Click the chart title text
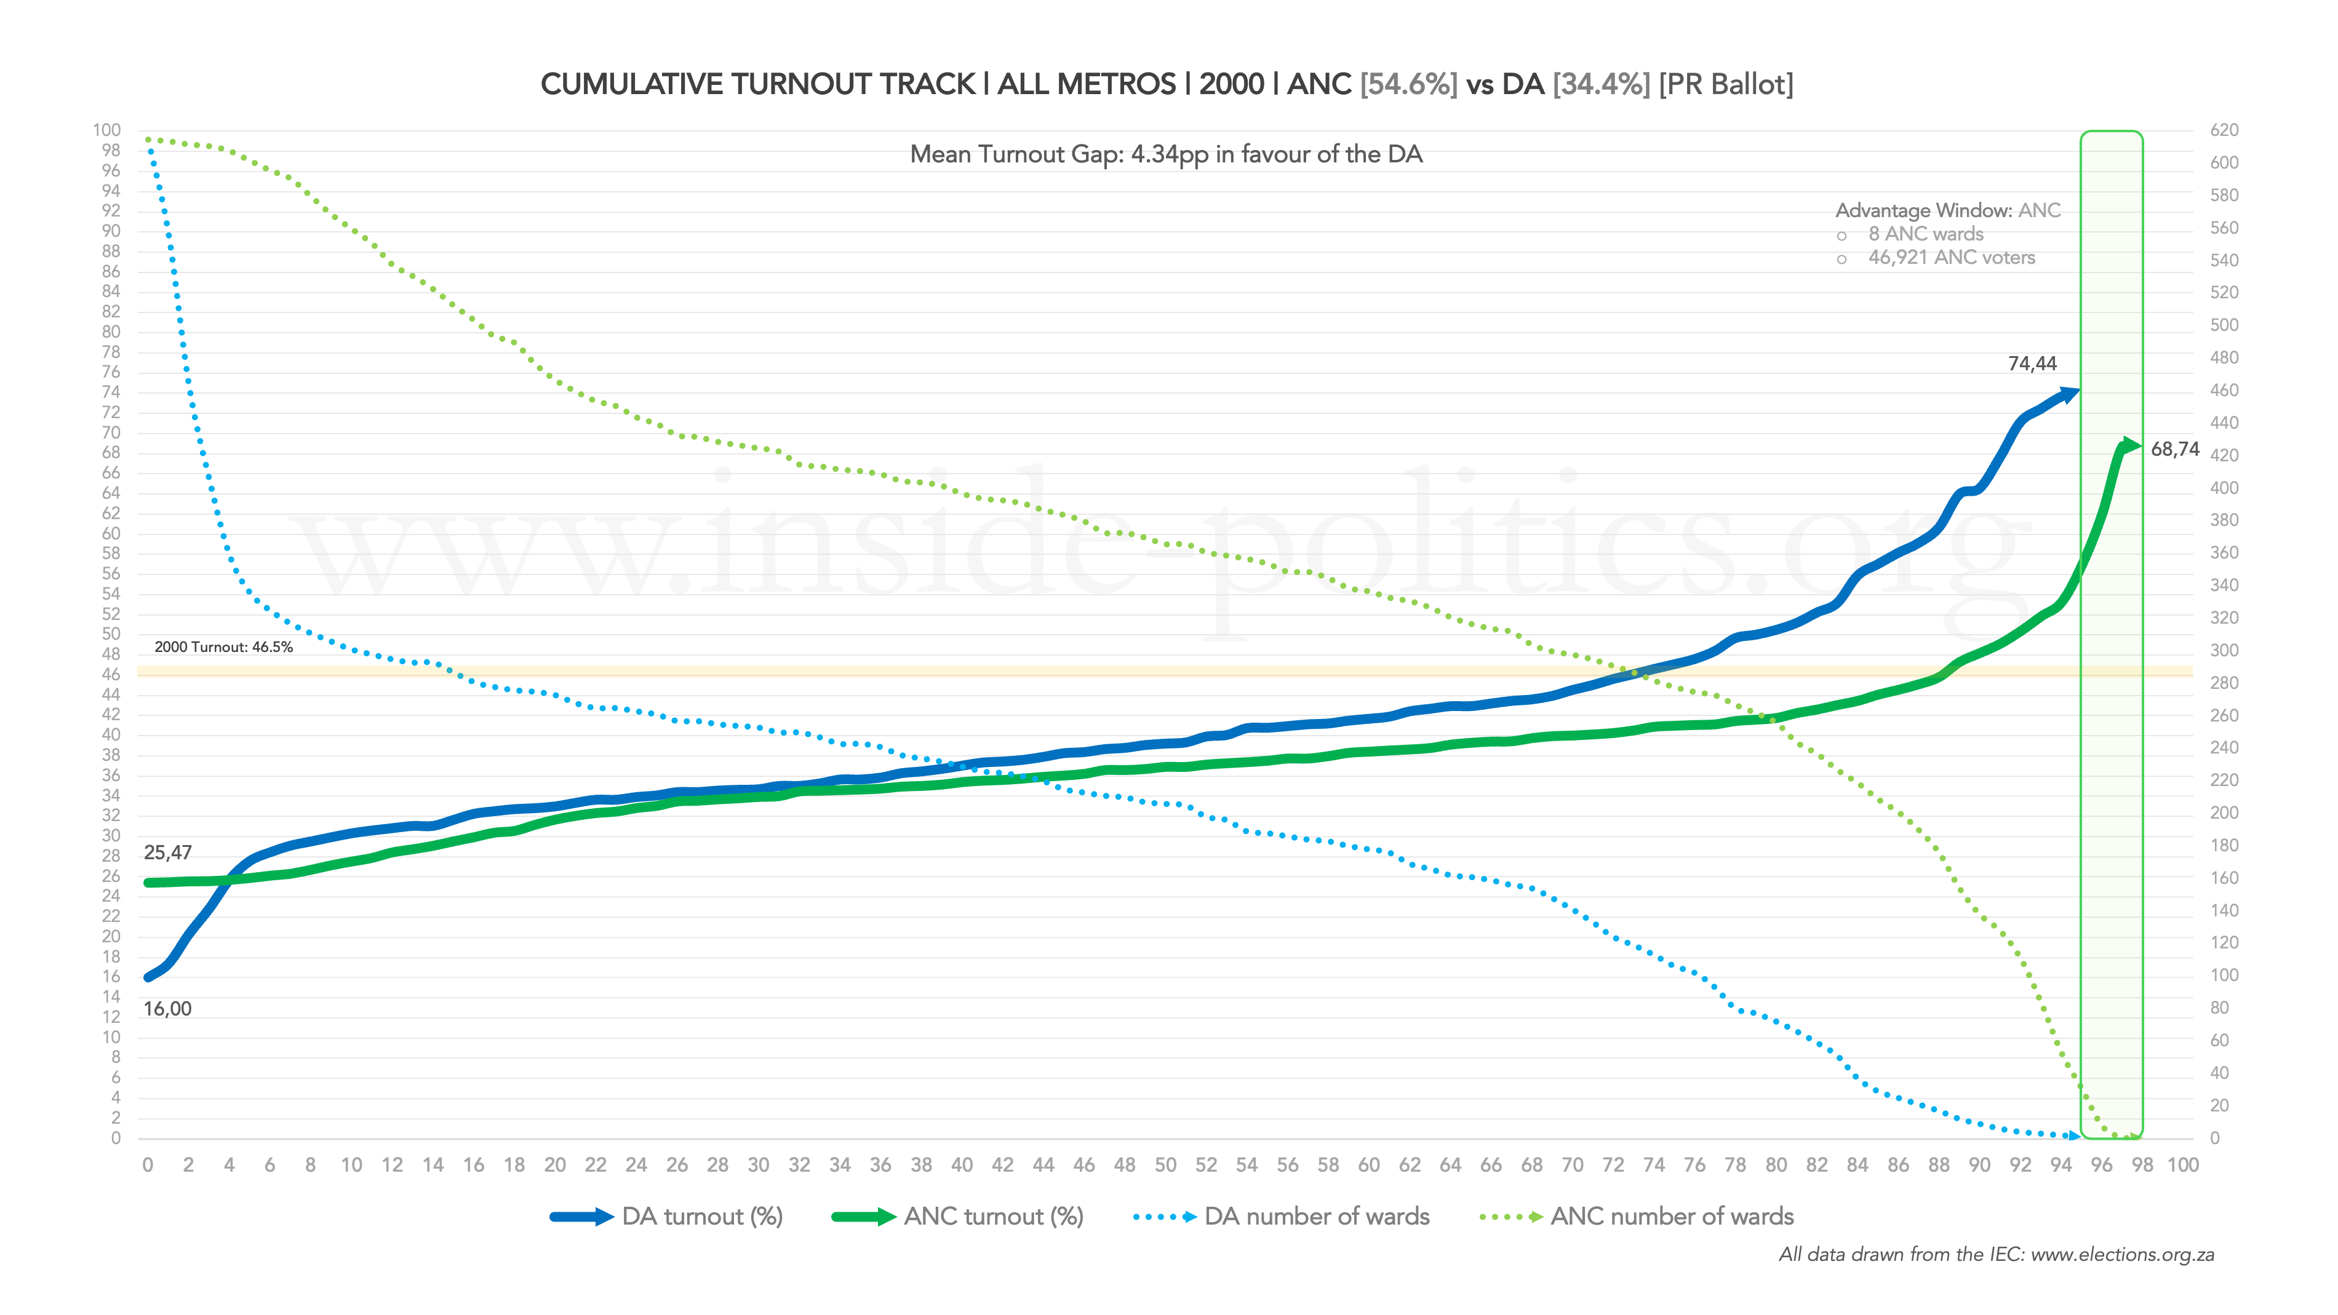click(x=1167, y=84)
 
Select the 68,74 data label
click(x=2174, y=449)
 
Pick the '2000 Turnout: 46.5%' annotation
click(x=223, y=647)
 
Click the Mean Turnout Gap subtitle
click(x=1167, y=154)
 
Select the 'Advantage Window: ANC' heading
click(x=1948, y=210)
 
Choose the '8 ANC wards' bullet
click(x=1925, y=234)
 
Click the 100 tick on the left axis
click(x=106, y=130)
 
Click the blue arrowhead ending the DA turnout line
click(x=2069, y=394)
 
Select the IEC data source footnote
click(x=1996, y=1255)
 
